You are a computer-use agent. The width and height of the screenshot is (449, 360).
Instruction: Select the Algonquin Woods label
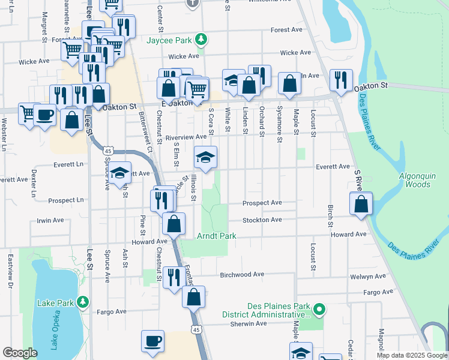tap(419, 180)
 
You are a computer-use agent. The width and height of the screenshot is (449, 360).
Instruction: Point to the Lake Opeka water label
tap(53, 332)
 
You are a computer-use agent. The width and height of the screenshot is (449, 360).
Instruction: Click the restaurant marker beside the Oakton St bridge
tap(341, 80)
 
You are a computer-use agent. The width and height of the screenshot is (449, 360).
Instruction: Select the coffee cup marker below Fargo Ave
tap(152, 341)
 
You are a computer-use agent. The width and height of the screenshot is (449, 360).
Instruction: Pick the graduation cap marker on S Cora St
tap(205, 158)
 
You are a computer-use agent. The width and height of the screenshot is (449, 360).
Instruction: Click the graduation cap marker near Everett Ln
tap(120, 173)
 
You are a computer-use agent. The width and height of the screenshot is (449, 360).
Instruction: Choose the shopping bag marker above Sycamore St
tap(289, 85)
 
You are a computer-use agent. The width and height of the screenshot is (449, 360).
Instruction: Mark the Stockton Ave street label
tap(262, 220)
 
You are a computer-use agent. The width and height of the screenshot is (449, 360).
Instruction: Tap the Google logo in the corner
tap(20, 353)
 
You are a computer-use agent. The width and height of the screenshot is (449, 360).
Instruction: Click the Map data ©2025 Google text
tap(411, 355)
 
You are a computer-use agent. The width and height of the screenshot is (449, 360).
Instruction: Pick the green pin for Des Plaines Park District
tap(320, 310)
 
